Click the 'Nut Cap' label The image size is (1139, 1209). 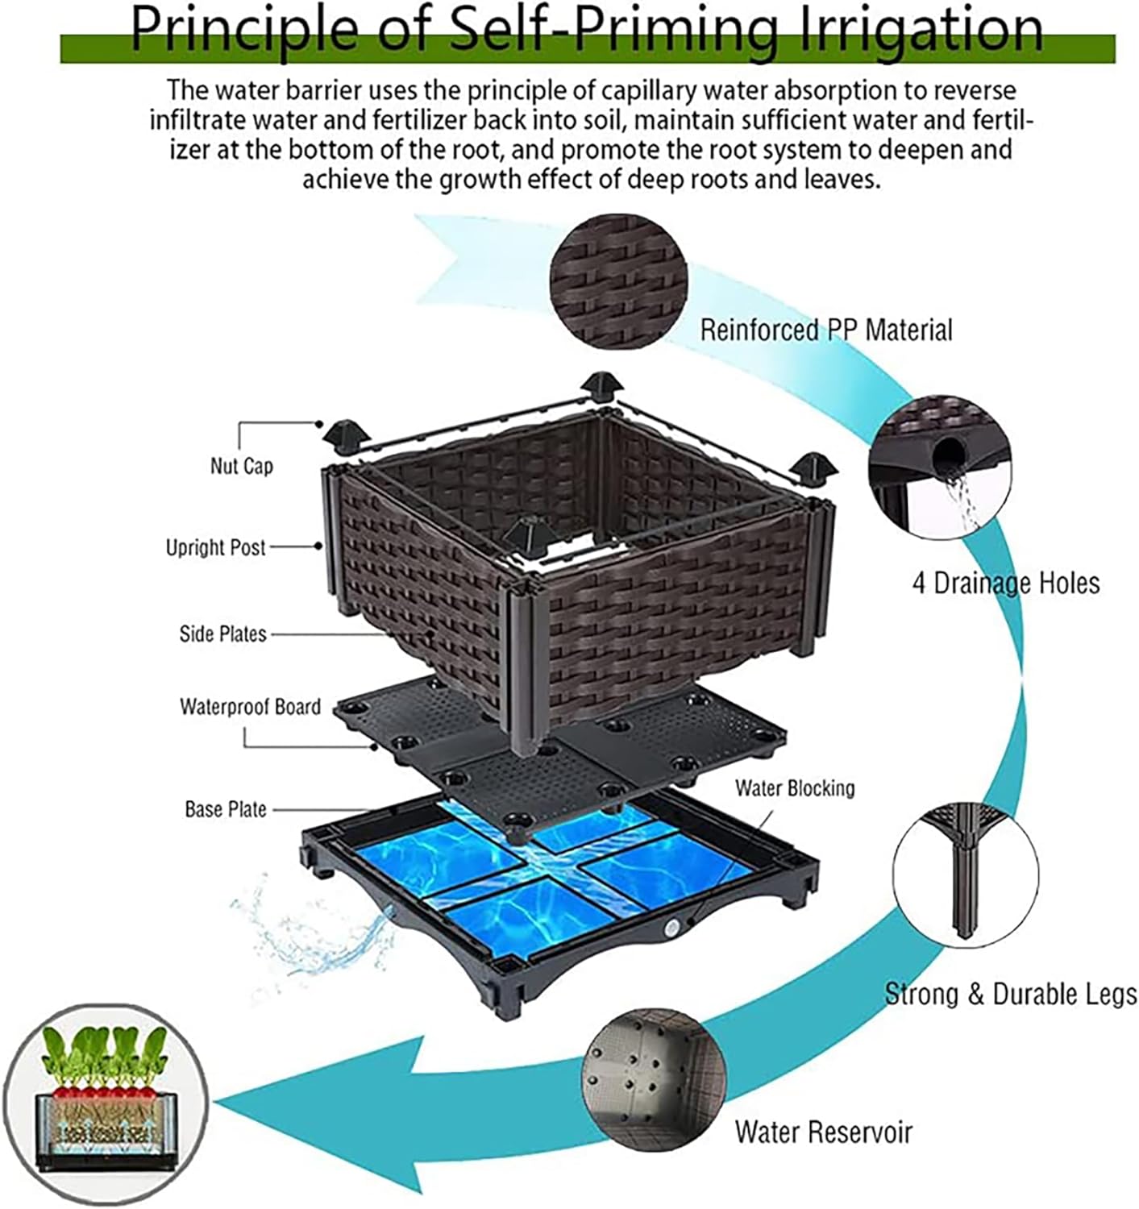[241, 466]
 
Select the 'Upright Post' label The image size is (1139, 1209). [215, 548]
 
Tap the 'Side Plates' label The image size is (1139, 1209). [222, 634]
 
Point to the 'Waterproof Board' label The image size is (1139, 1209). [250, 707]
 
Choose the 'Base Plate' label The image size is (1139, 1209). [226, 809]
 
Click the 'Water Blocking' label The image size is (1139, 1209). [794, 787]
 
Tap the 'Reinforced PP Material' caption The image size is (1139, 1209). [825, 330]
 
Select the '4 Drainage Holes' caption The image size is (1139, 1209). [1005, 582]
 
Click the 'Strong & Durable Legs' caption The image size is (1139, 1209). [1011, 993]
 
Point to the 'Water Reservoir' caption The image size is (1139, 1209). [823, 1132]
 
